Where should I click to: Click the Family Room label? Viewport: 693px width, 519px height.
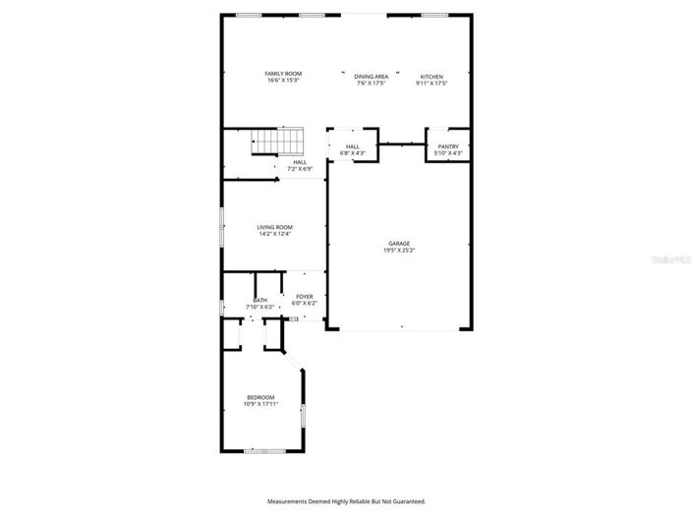(x=283, y=74)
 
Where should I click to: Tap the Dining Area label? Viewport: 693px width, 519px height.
(x=372, y=76)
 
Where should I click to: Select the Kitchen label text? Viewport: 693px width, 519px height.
(x=432, y=76)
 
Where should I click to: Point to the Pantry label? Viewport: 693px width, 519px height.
(x=448, y=146)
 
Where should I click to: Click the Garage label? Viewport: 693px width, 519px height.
(x=398, y=243)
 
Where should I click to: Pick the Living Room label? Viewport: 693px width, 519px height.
(x=275, y=227)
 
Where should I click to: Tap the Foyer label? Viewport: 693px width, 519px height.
(x=305, y=297)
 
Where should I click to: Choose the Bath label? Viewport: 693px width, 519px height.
(x=260, y=300)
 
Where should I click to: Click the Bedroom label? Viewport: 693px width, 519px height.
(x=260, y=397)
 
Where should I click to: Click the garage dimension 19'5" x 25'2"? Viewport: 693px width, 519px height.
(x=398, y=250)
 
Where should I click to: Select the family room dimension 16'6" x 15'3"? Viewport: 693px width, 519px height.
(x=283, y=81)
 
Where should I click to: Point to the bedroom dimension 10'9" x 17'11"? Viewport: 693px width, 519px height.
(x=260, y=404)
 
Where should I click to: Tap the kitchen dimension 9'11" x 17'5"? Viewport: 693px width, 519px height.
(x=432, y=83)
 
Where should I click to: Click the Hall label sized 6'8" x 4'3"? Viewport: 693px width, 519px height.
(x=352, y=146)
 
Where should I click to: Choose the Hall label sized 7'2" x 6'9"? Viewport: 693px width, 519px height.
(x=299, y=162)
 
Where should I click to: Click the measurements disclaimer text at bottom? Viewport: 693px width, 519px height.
(x=346, y=501)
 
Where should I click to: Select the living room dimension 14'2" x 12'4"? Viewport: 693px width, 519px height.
(x=275, y=234)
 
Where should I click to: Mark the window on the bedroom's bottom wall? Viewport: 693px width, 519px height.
(x=264, y=450)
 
